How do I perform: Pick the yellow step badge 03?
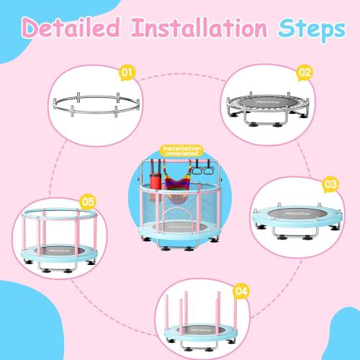[x=330, y=185]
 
